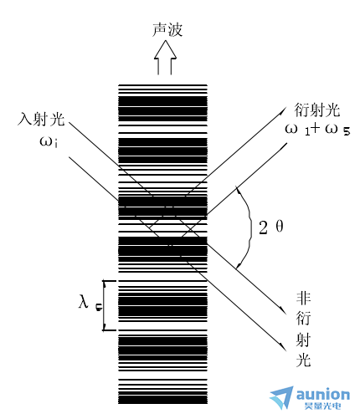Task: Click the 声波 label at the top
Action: point(167,29)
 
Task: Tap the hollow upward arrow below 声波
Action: point(165,58)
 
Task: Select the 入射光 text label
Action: point(41,119)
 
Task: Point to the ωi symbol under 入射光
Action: point(49,141)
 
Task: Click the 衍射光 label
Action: point(317,110)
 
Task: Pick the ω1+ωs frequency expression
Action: point(317,130)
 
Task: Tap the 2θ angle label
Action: point(271,227)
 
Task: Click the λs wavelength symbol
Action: point(90,302)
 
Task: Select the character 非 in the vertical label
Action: point(303,299)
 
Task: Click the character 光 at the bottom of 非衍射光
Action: point(303,360)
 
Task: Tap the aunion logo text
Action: point(323,394)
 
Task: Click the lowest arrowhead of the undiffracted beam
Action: point(284,348)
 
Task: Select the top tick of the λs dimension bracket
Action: point(110,280)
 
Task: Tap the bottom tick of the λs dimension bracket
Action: point(110,330)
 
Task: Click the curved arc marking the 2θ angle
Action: point(250,227)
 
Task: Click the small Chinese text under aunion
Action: point(323,406)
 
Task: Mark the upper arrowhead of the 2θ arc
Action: point(238,190)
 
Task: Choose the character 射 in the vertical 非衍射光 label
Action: point(303,340)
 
